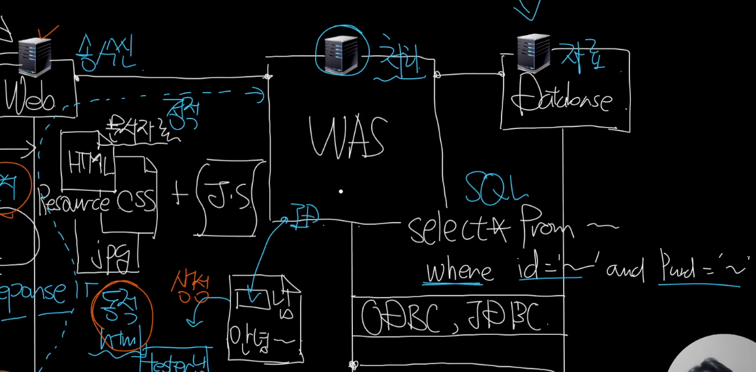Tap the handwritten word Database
[x=562, y=100]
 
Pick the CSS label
[x=137, y=201]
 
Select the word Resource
[x=74, y=203]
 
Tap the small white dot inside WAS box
[x=340, y=192]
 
